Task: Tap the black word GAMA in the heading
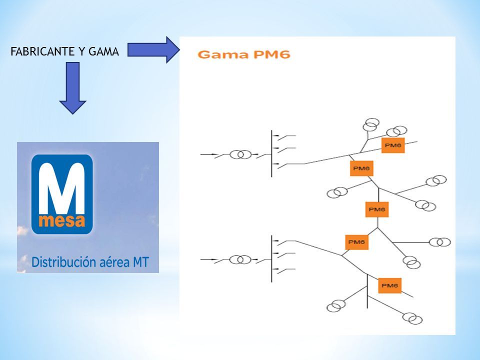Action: [x=103, y=51]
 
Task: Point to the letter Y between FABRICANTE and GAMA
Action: [x=82, y=51]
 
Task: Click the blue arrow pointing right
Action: [x=153, y=49]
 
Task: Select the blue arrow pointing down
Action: [x=72, y=88]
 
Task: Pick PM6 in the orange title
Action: [x=272, y=54]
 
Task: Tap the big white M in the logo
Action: [x=62, y=188]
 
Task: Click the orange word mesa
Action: [x=62, y=220]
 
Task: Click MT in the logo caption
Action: [x=140, y=262]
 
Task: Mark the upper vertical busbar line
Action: [x=271, y=153]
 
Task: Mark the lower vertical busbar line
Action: [x=271, y=259]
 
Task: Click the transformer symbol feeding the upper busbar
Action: [x=240, y=154]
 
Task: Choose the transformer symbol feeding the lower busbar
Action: [x=240, y=260]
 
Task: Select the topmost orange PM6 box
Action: [x=393, y=145]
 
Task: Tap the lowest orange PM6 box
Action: [x=389, y=285]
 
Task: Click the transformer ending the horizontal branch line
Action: [x=440, y=242]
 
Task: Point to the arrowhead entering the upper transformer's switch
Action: [x=215, y=154]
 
